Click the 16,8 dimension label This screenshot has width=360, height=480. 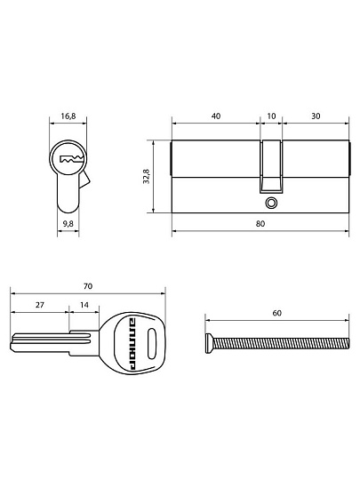tap(68, 116)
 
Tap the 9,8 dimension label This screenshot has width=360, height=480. tap(68, 224)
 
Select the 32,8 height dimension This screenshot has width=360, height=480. tap(146, 176)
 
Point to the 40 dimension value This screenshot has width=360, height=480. tap(216, 116)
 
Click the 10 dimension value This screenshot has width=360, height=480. tap(271, 116)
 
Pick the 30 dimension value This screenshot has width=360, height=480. tap(316, 116)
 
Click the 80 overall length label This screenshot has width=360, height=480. tap(260, 224)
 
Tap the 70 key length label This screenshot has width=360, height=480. tap(87, 286)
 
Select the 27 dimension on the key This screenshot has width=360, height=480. tap(39, 305)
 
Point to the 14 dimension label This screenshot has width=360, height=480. tap(84, 305)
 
